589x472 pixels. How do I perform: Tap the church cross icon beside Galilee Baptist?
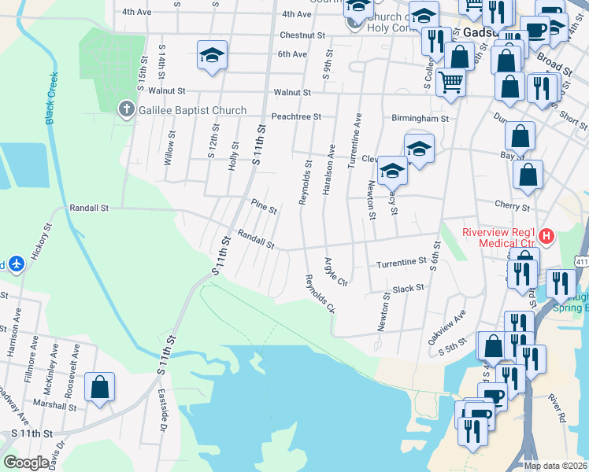(126, 110)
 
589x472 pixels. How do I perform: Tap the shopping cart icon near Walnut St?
(450, 80)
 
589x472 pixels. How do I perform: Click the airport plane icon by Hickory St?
(16, 264)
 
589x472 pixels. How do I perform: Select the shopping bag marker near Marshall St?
(99, 387)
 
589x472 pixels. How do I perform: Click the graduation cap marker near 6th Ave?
(211, 55)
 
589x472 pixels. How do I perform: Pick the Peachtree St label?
(296, 116)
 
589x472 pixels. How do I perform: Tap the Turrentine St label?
(401, 264)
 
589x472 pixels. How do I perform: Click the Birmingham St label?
(420, 119)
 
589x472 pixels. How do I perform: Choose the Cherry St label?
(513, 207)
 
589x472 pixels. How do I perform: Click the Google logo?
(26, 463)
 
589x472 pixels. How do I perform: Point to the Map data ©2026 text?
(555, 466)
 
